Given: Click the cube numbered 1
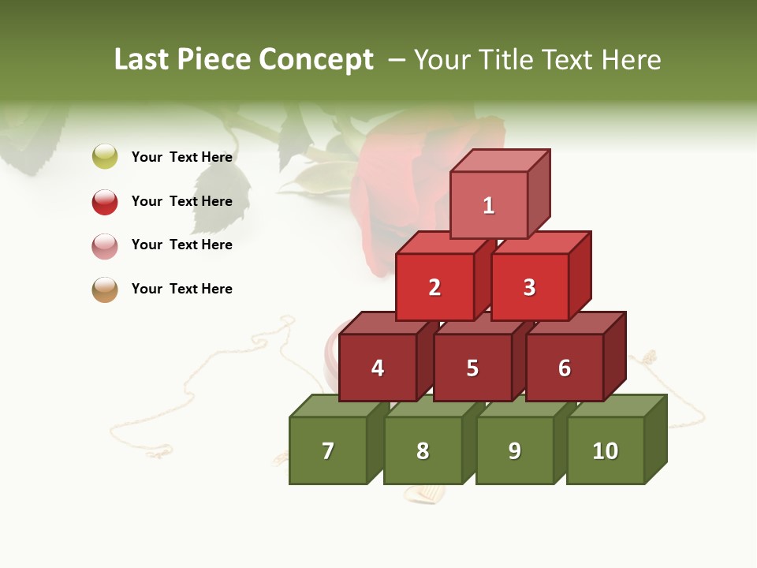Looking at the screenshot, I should tap(489, 205).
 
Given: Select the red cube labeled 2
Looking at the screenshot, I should tap(434, 287).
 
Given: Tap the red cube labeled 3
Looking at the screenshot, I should tap(529, 287).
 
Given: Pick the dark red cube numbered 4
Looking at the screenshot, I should tap(378, 368).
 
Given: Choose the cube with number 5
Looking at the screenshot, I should tap(472, 368).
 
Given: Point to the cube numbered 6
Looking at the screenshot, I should tap(565, 368).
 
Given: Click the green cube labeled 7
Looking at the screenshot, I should tap(328, 450).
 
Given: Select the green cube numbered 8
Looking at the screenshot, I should tap(423, 450).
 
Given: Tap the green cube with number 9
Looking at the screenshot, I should tap(515, 450).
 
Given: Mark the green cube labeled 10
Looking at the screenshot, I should tap(606, 450).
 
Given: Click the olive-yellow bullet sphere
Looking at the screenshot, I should tap(105, 156).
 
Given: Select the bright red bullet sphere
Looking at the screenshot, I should tap(105, 201).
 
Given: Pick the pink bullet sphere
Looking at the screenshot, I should tap(105, 245).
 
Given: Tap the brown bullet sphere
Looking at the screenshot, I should tap(105, 290).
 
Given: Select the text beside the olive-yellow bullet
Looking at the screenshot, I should tap(182, 157).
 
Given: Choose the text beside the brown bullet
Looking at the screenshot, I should tap(182, 289).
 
